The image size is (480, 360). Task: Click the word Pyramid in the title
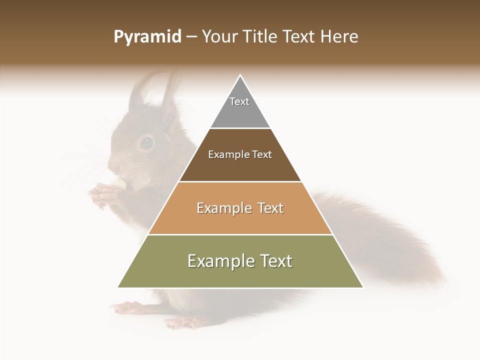[x=147, y=37]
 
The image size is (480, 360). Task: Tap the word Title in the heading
[x=262, y=37]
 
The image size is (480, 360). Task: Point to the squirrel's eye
[x=146, y=143]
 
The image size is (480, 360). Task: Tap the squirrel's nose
[x=111, y=165]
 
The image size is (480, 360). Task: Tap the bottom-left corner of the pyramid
[x=118, y=287]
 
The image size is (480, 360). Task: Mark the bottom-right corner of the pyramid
[x=363, y=287]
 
